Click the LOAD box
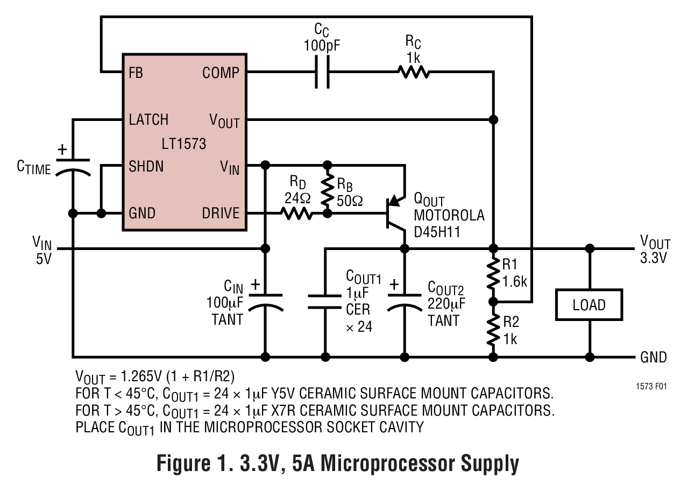(588, 305)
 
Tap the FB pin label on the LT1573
(136, 73)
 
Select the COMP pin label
(221, 73)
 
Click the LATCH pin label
(148, 119)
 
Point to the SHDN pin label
(146, 166)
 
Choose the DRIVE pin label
(221, 213)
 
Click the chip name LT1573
(183, 144)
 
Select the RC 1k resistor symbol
(413, 72)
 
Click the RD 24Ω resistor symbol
(296, 213)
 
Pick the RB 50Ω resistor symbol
(326, 189)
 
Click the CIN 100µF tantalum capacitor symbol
(265, 301)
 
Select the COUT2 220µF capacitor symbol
(405, 301)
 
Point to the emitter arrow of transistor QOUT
(395, 200)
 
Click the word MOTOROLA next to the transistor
(449, 216)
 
